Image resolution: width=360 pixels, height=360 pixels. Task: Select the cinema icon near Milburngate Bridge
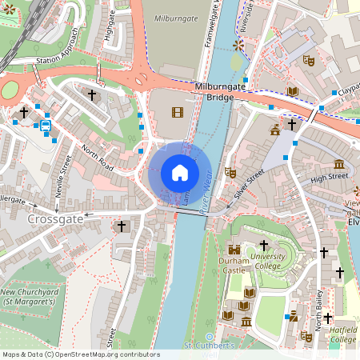pyautogui.click(x=177, y=114)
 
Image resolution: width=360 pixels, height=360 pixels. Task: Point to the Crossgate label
pyautogui.click(x=56, y=218)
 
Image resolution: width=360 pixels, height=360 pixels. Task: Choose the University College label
pyautogui.click(x=268, y=261)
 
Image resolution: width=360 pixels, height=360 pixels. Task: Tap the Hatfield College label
pyautogui.click(x=344, y=334)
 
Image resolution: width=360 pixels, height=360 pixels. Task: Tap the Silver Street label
pyautogui.click(x=250, y=183)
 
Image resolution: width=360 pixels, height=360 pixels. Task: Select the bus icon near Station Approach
pyautogui.click(x=46, y=124)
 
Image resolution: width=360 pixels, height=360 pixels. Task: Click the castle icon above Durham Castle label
pyautogui.click(x=234, y=250)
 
